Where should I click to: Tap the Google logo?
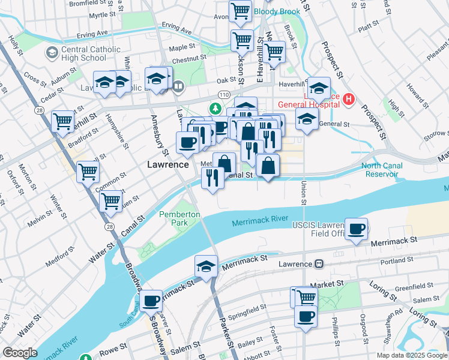(20, 353)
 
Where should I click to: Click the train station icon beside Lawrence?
(319, 264)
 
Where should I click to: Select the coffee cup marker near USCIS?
(357, 229)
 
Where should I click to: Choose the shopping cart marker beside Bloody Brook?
(241, 11)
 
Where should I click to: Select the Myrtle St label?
(101, 15)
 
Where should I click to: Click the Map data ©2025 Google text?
(412, 355)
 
